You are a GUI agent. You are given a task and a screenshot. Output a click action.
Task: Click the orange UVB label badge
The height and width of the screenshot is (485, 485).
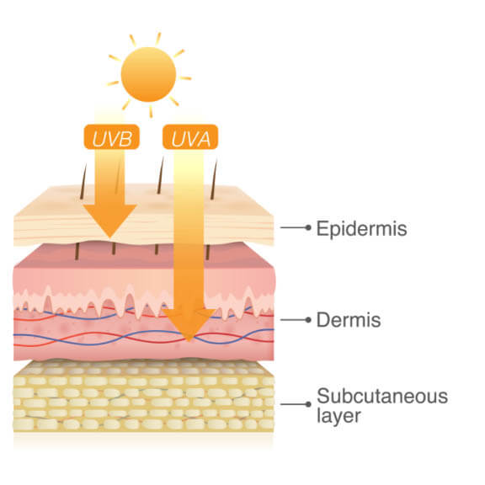pos(112,136)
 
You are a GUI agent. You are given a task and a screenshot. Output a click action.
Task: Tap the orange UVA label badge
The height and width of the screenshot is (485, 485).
pos(190,136)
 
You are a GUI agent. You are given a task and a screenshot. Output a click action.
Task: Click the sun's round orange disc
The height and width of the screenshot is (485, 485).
pos(148,74)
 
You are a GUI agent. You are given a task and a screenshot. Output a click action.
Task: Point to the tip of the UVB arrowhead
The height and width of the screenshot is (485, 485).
pos(110,237)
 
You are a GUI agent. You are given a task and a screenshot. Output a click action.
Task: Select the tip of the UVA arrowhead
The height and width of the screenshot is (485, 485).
pos(189,341)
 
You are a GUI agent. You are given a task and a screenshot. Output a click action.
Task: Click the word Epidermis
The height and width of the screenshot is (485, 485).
pos(361,229)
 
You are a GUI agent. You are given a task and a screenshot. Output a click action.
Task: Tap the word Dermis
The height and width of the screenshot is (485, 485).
pos(349,319)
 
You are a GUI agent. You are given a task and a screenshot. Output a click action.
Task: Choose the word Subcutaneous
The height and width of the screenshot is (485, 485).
pos(382,396)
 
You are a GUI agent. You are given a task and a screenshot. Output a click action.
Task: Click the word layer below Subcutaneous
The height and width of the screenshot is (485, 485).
pos(338,415)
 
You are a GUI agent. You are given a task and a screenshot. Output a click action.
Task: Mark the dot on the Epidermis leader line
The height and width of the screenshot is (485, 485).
pos(308,227)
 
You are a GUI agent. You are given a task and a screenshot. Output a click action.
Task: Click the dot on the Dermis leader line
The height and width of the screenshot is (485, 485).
pos(308,320)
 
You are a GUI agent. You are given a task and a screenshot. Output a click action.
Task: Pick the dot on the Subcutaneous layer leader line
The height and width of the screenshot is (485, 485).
pos(308,404)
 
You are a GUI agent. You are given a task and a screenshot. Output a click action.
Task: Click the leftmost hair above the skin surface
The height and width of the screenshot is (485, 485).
pos(83,181)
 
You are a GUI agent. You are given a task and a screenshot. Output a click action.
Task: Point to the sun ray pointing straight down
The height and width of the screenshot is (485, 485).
pos(151,111)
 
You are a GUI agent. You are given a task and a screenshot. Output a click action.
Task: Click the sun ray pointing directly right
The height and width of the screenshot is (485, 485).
pos(185,78)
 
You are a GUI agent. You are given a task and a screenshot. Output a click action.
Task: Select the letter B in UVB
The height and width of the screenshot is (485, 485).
pos(126,139)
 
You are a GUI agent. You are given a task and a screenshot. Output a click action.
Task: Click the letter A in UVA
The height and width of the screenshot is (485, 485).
pos(203,139)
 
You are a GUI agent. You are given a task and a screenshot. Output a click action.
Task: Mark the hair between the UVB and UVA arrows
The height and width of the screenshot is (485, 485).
pos(160,175)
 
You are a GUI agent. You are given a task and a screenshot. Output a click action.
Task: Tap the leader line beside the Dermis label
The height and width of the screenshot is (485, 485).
pos(294,320)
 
